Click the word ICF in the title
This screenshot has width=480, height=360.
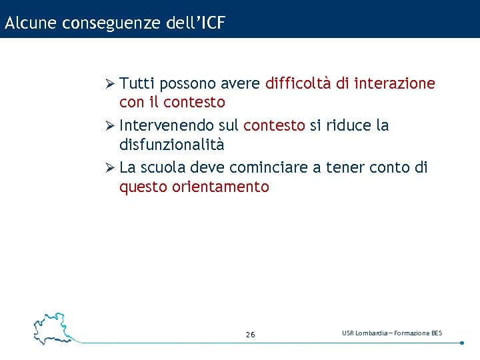click(211, 23)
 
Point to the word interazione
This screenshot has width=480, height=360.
click(395, 84)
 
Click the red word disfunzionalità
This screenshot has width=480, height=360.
click(171, 145)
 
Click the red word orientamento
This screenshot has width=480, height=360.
click(221, 187)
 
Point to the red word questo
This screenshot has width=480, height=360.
click(143, 187)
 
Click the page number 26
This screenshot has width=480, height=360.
click(250, 335)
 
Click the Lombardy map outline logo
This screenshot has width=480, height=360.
click(52, 327)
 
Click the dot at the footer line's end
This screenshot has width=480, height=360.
click(461, 343)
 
